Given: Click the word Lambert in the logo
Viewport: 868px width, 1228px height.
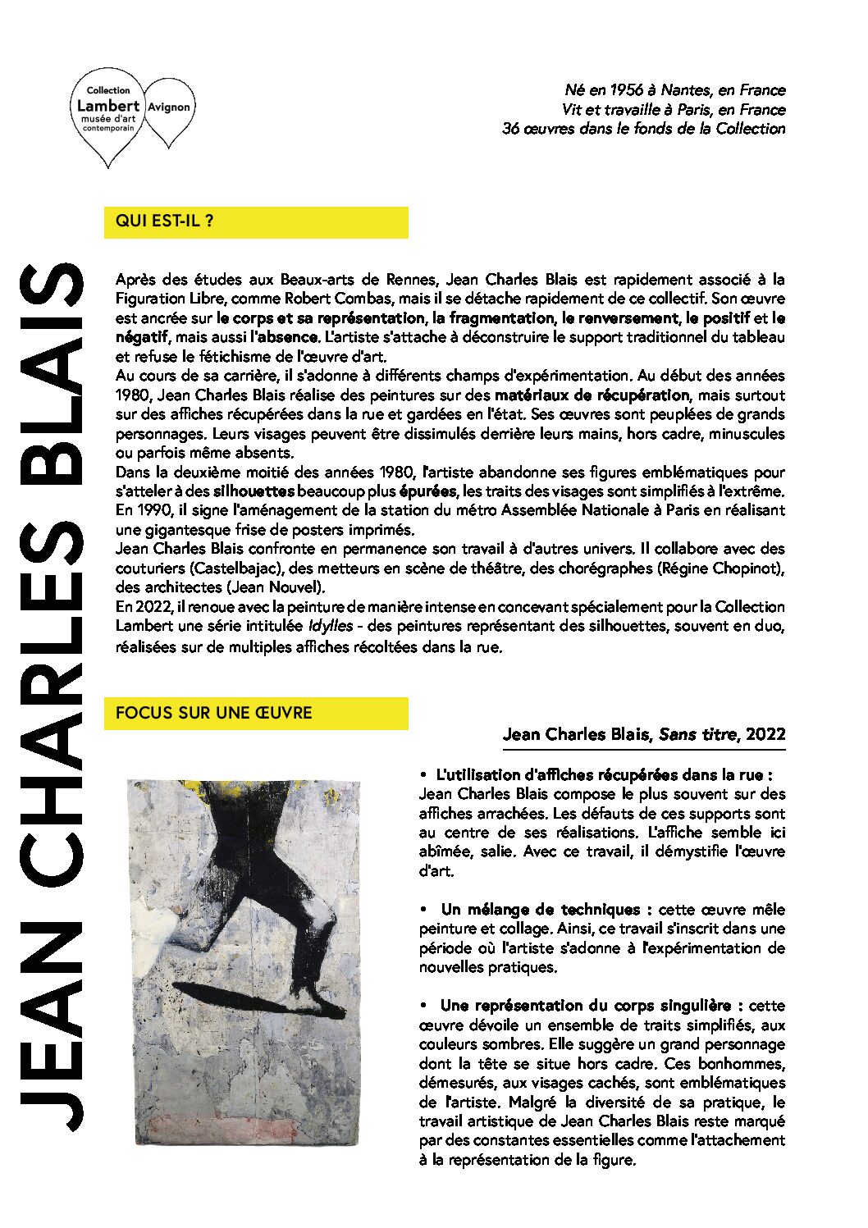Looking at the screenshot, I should pos(107,105).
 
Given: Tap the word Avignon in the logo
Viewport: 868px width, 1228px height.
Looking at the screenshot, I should pos(169,107).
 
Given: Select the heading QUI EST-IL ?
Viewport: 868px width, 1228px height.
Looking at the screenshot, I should pos(165,221).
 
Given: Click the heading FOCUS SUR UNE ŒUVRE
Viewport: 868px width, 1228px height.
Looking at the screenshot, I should pos(214,713).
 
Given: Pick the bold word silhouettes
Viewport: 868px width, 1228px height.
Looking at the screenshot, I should pos(254,491).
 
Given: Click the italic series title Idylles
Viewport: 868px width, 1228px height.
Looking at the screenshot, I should pos(331,626).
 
